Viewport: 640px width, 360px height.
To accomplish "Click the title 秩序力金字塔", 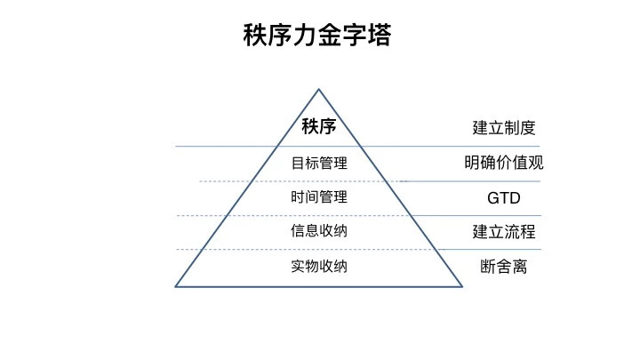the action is point(317,35).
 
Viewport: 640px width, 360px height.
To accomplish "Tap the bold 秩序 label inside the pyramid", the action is point(319,126).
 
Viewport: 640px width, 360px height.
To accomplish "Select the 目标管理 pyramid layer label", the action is point(319,164).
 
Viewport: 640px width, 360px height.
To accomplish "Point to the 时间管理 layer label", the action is point(319,197).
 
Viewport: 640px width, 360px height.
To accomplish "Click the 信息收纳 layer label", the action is point(319,231).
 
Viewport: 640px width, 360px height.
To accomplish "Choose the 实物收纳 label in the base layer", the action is point(319,267).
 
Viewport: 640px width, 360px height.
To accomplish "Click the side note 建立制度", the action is point(504,128).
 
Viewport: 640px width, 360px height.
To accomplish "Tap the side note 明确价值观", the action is point(504,163).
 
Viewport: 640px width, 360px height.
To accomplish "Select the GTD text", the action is point(504,198).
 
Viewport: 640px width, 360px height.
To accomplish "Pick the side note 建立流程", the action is point(504,232).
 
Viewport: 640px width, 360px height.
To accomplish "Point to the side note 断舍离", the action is point(504,267).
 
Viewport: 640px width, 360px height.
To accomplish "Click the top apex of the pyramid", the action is point(319,89).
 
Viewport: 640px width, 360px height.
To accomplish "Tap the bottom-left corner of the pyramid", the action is point(175,286).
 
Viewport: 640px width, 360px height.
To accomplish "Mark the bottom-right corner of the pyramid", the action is point(462,286).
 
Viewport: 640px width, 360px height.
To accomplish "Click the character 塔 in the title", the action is point(380,35).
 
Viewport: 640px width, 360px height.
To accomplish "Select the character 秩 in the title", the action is point(255,35).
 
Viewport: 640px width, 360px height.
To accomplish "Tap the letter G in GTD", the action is point(493,198).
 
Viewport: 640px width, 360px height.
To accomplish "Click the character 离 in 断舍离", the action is point(520,267).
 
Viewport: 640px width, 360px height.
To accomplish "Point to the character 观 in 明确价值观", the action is point(535,163).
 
